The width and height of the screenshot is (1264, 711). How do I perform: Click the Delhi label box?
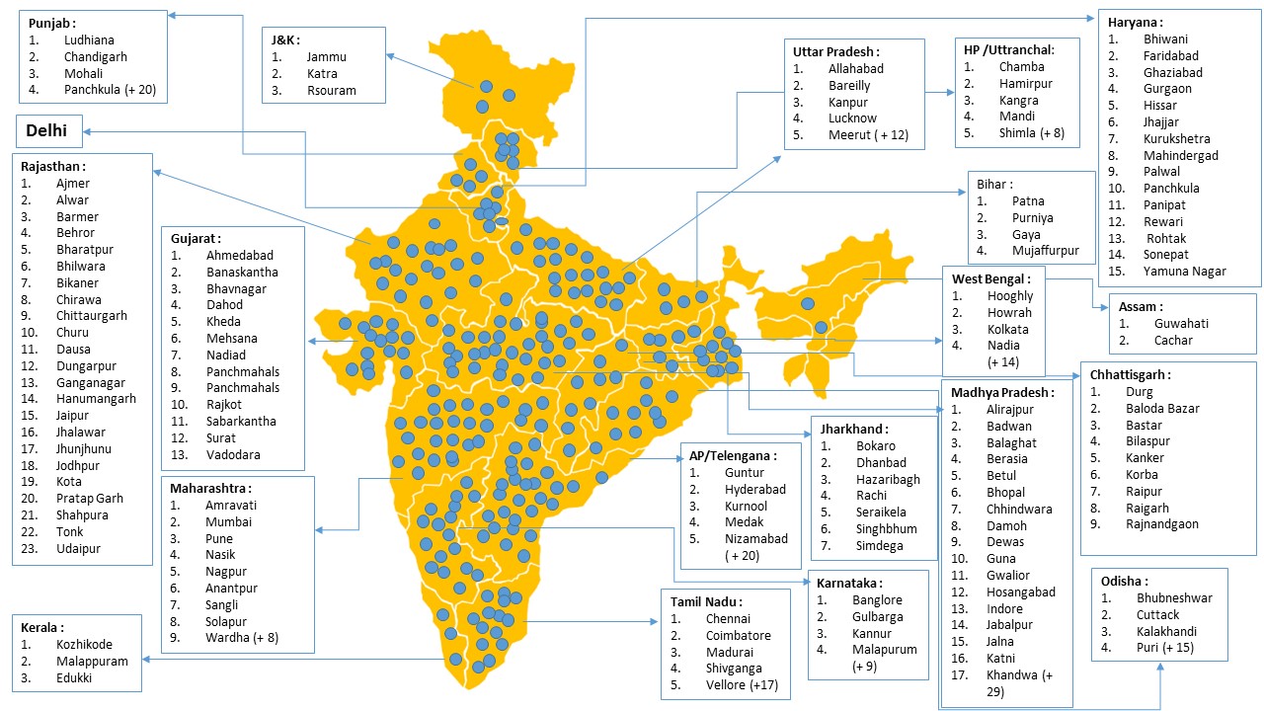point(48,129)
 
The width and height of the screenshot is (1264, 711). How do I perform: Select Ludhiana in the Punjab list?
point(89,40)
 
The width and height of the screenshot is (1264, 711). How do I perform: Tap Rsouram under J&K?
point(331,91)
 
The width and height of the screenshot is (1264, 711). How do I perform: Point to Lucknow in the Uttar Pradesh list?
point(852,118)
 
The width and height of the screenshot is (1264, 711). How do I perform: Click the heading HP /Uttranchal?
point(1008,50)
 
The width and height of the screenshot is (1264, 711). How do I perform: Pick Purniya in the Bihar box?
point(1032,218)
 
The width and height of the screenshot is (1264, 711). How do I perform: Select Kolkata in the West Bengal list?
point(1007,329)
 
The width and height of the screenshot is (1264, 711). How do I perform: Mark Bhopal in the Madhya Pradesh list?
point(1005,492)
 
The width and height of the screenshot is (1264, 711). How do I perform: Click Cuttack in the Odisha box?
point(1156,614)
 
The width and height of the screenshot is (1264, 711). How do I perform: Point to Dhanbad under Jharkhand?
point(881,462)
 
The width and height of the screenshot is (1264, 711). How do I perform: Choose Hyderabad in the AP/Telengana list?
point(755,490)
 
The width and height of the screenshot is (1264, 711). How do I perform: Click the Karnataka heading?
point(849,584)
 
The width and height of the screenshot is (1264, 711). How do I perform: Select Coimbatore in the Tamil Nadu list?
point(738,636)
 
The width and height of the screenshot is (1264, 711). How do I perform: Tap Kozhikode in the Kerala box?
point(84,645)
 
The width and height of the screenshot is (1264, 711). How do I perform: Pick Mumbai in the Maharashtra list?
point(229,522)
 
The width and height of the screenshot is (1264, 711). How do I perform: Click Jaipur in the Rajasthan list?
point(73,416)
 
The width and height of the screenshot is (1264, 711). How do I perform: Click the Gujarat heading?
point(195,239)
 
